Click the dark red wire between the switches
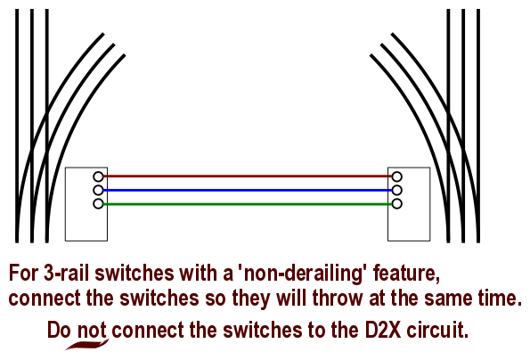[x=248, y=176]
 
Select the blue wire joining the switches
[x=248, y=191]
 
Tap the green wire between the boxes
[x=248, y=204]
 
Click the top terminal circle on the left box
[x=98, y=176]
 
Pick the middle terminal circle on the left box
[x=98, y=191]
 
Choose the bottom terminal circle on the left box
[x=98, y=204]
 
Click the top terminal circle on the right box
[x=396, y=176]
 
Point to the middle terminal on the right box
[x=396, y=191]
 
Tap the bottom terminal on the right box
[x=396, y=204]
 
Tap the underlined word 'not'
[x=92, y=331]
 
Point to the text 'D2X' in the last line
[x=383, y=331]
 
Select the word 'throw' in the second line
[x=338, y=299]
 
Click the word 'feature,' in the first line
[x=406, y=274]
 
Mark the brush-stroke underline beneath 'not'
[x=87, y=345]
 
